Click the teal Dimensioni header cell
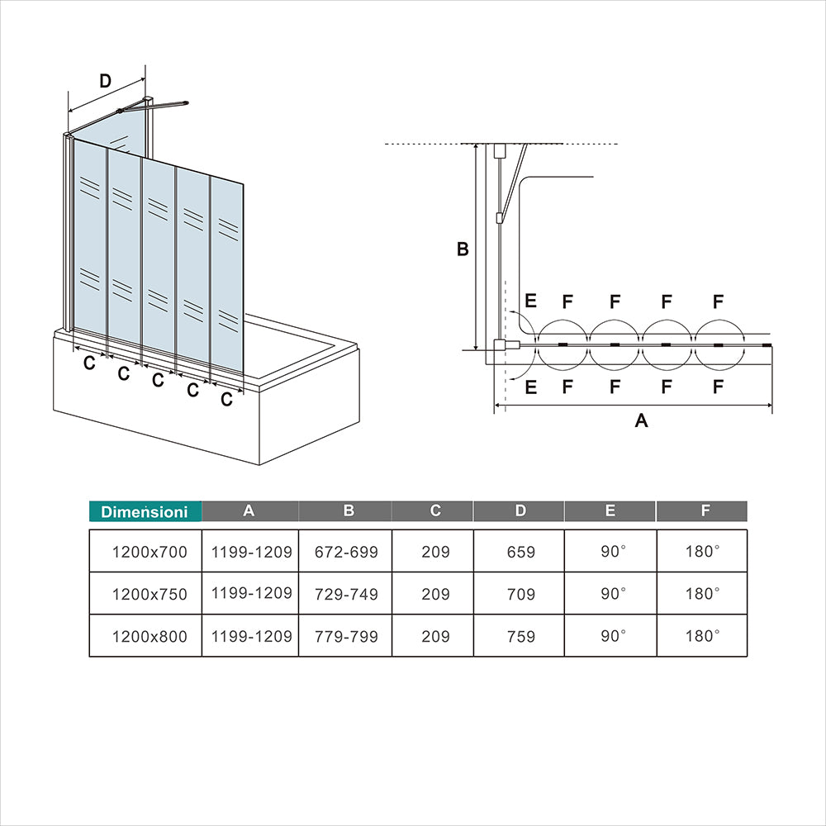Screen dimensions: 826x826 point(145,511)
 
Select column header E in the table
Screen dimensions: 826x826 point(610,511)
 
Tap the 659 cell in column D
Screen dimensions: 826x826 point(521,552)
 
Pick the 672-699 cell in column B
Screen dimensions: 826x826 point(346,552)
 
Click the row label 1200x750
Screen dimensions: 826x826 point(150,594)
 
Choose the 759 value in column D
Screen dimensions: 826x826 point(521,636)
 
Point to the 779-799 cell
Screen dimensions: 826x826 point(346,636)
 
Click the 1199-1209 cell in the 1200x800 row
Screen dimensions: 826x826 point(251,636)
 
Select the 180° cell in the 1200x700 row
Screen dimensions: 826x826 point(702,552)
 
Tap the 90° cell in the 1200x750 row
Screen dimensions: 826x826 point(613,594)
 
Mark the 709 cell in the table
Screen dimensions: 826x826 point(521,594)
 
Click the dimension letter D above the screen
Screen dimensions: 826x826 point(106,81)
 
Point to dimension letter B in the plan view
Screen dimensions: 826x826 point(463,249)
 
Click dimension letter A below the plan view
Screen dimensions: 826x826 point(641,420)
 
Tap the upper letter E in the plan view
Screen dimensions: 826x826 point(530,301)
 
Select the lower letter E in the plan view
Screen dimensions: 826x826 point(530,387)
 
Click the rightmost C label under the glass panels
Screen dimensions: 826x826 point(226,399)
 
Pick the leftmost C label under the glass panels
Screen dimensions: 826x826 point(89,363)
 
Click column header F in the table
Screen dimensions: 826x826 point(705,511)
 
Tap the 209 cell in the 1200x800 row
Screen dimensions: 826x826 point(435,636)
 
